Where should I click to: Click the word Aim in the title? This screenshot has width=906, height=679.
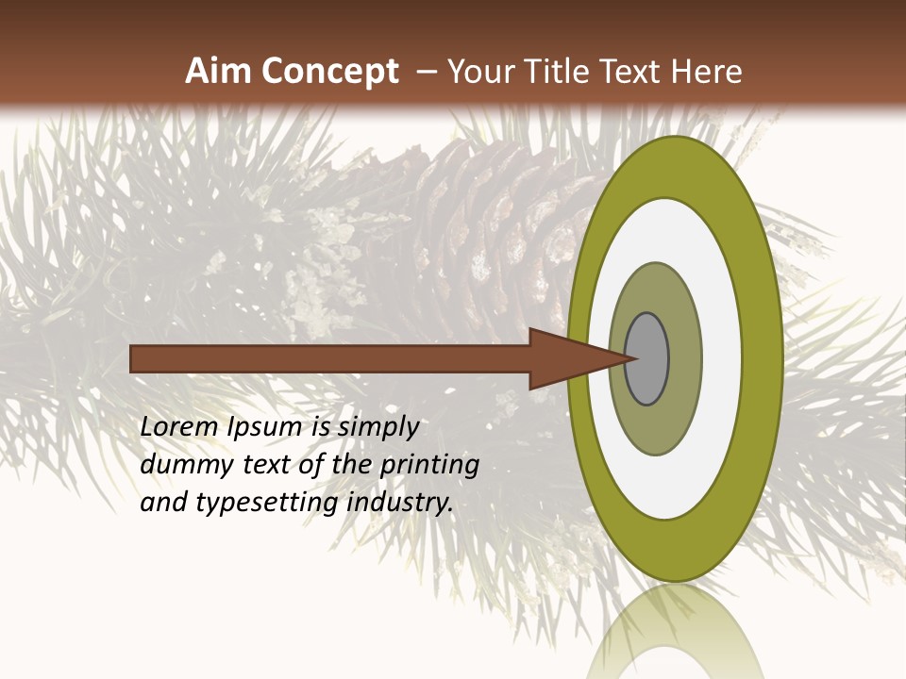click(x=219, y=72)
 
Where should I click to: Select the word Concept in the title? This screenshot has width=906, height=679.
click(x=329, y=72)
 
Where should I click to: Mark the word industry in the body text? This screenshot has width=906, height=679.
click(x=400, y=504)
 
